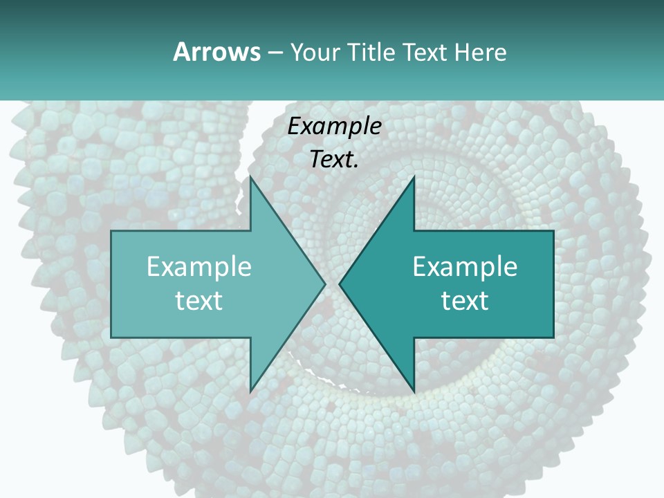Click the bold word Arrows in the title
coord(216,52)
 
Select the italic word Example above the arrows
coord(334,127)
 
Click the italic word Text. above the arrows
coord(334,160)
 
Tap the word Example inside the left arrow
coord(199,267)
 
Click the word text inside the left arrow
coord(199,300)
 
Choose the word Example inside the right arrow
coord(465,267)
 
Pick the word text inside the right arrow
coord(465,300)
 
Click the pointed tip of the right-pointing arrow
coord(326,284)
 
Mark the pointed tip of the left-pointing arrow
coord(339,284)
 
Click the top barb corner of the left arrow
coord(250,176)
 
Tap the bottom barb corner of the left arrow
coord(250,391)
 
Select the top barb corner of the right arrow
coord(414,176)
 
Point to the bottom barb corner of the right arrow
coord(414,391)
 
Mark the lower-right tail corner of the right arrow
coord(553,338)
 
